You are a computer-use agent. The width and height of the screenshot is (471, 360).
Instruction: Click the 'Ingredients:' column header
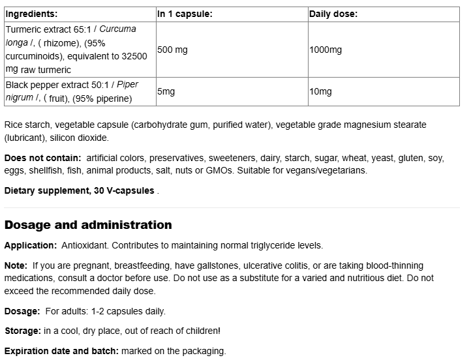click(31, 14)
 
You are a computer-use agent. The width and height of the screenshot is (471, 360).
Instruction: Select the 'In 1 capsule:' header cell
click(185, 14)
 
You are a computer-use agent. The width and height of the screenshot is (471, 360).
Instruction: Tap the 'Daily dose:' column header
click(333, 14)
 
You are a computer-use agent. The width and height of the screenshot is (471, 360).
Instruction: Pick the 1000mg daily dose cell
click(326, 50)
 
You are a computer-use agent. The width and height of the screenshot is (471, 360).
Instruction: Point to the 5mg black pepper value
click(166, 92)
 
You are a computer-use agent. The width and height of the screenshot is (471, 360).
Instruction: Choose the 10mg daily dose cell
click(320, 92)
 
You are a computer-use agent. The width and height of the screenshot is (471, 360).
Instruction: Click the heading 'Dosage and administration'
click(88, 225)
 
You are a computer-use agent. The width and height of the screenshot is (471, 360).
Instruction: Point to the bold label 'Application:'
click(31, 245)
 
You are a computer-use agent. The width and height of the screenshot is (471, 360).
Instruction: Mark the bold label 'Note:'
click(16, 265)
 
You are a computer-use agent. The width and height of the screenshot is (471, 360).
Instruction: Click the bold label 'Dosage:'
click(22, 311)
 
